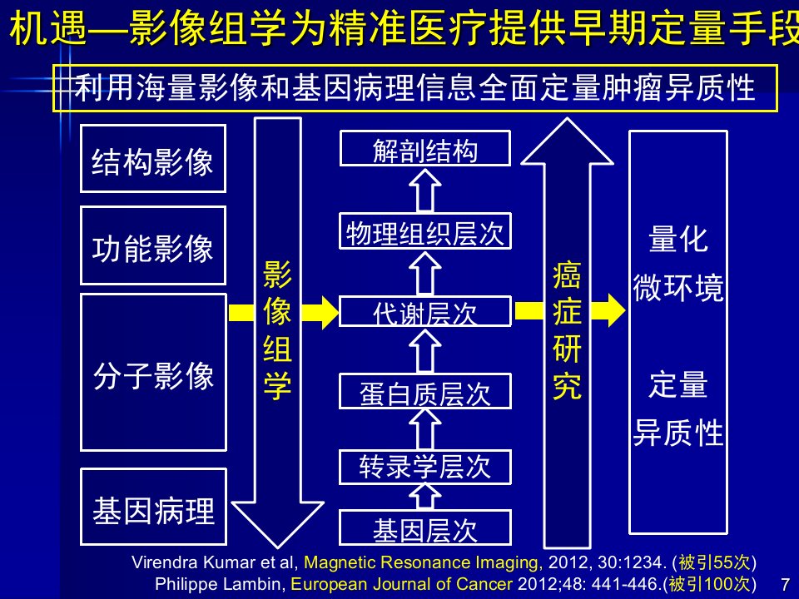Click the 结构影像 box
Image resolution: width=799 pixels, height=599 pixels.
click(153, 158)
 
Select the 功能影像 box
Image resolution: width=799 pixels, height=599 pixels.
click(153, 245)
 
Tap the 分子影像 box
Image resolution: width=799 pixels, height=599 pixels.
click(153, 373)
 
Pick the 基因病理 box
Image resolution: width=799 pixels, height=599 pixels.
click(153, 507)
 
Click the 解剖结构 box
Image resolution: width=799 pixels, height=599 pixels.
click(425, 148)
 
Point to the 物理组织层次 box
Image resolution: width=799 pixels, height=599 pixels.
click(425, 231)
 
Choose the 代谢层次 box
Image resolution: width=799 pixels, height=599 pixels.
click(425, 311)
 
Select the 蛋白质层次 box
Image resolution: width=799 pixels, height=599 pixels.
click(425, 391)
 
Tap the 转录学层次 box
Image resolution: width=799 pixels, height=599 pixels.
click(425, 467)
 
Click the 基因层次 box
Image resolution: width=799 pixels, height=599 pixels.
click(425, 528)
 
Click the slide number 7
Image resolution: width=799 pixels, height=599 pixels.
click(785, 584)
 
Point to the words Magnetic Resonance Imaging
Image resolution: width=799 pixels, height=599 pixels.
click(420, 562)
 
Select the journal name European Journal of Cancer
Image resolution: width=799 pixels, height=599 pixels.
click(401, 584)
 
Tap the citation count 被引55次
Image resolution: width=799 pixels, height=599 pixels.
click(714, 562)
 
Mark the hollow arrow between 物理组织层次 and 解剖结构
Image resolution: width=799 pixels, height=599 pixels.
click(425, 190)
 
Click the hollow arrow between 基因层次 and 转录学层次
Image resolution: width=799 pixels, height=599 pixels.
click(425, 496)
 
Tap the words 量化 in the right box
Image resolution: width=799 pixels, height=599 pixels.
click(678, 239)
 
